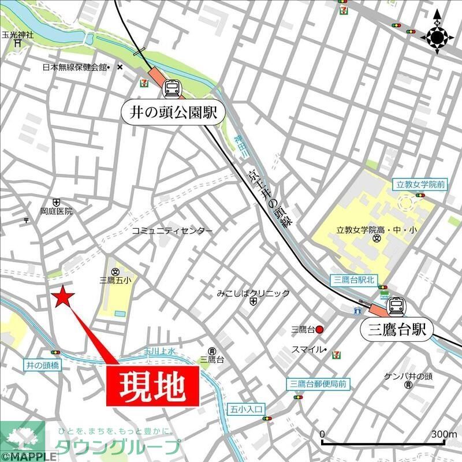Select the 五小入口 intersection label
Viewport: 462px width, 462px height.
click(247, 409)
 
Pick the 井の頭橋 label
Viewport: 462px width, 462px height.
click(43, 365)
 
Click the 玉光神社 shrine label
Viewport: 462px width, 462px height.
click(18, 34)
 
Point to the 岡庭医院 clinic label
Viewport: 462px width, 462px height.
click(57, 211)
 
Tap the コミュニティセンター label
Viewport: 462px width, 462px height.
click(172, 230)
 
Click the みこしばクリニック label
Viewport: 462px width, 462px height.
click(253, 293)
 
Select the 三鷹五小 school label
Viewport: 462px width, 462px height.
click(115, 281)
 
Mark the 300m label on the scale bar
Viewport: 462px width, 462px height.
click(444, 434)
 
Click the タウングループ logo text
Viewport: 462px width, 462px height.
click(118, 447)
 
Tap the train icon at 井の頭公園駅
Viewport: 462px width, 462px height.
click(172, 88)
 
